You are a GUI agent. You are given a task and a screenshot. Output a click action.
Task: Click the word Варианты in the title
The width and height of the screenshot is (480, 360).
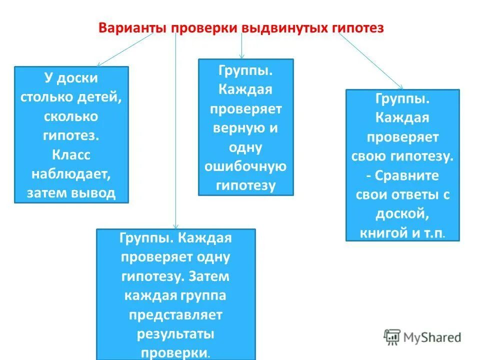(x=132, y=27)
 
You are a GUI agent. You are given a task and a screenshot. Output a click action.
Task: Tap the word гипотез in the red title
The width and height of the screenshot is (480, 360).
(x=358, y=27)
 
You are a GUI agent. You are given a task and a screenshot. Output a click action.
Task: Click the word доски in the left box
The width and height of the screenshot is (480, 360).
(x=78, y=78)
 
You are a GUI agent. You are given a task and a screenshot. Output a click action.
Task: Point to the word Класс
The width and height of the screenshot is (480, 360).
(x=71, y=154)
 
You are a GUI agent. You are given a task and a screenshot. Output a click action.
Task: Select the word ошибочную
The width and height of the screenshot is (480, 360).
(x=245, y=166)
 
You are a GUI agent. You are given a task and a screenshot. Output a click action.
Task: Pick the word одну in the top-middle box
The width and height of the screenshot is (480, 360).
(x=245, y=147)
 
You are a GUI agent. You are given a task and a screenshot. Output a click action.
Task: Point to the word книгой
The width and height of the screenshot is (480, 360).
(x=382, y=232)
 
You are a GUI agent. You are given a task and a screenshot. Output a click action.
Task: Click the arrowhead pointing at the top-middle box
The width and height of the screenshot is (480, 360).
(x=242, y=56)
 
